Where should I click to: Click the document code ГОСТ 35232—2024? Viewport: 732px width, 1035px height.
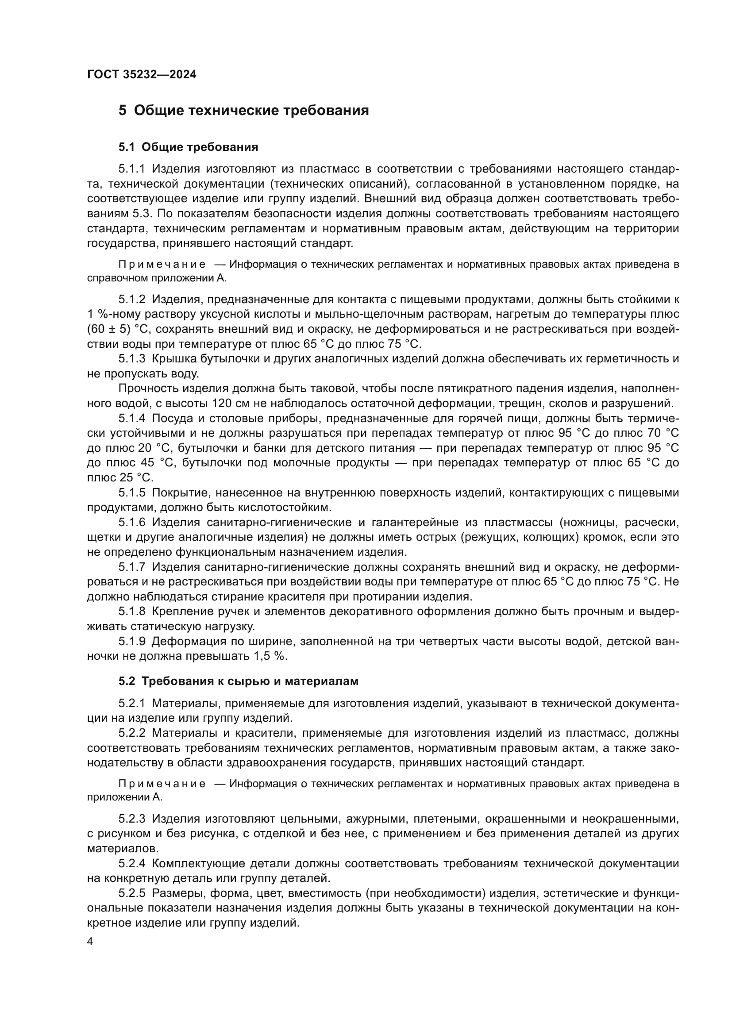tap(142, 75)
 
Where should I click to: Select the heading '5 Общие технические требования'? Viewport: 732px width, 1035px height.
tap(243, 111)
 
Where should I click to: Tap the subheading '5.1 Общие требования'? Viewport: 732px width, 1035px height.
tap(188, 147)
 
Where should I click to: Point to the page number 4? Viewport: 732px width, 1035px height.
tap(90, 942)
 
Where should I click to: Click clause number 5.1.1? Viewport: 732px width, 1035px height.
tap(131, 169)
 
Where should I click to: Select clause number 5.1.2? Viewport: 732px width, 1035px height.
tap(131, 299)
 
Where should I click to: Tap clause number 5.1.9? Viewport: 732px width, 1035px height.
tap(131, 641)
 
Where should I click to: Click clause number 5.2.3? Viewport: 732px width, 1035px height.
tap(131, 819)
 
